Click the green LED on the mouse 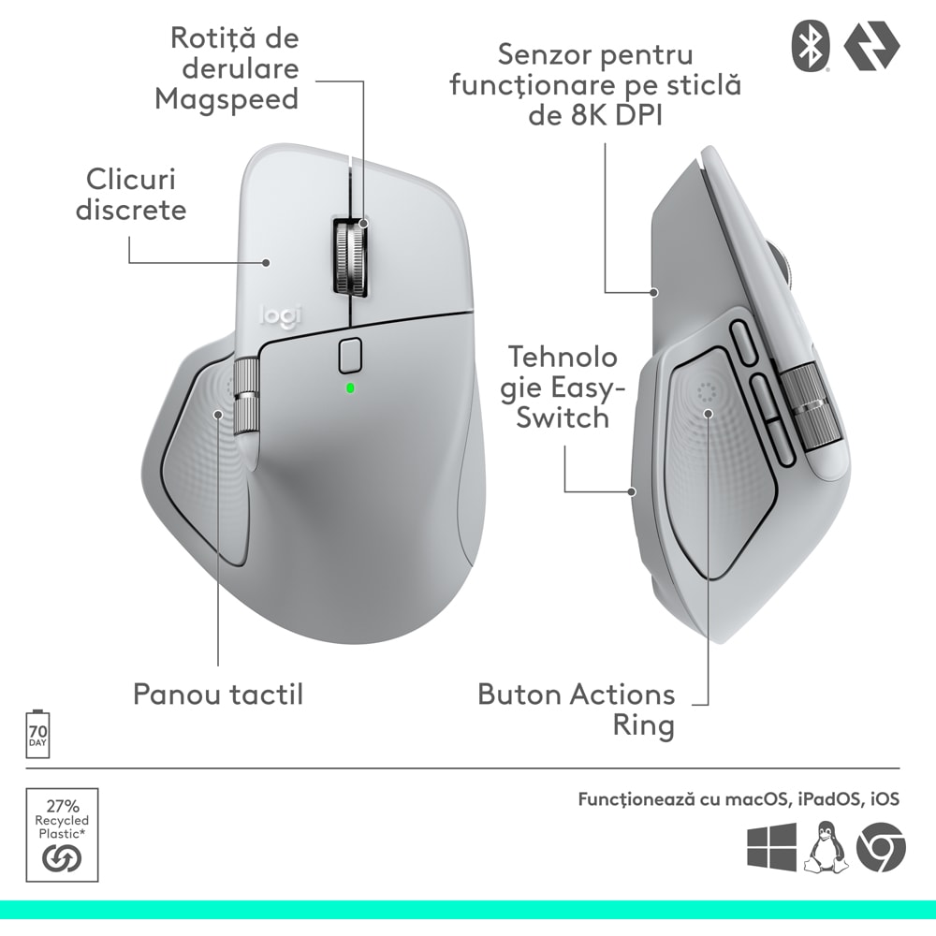349,388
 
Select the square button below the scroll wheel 349,355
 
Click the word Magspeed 227,98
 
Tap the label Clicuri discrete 131,194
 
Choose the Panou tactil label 218,695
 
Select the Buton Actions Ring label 577,709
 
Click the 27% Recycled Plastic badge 62,833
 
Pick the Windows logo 771,847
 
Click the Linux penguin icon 826,846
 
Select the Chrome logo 881,847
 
